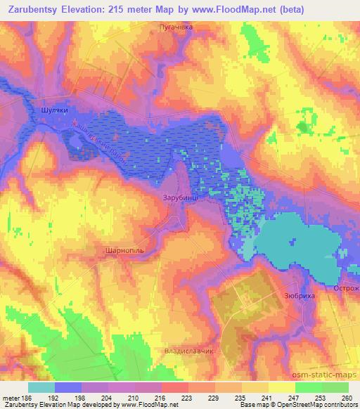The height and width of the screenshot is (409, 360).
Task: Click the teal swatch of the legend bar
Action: click(x=41, y=387)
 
